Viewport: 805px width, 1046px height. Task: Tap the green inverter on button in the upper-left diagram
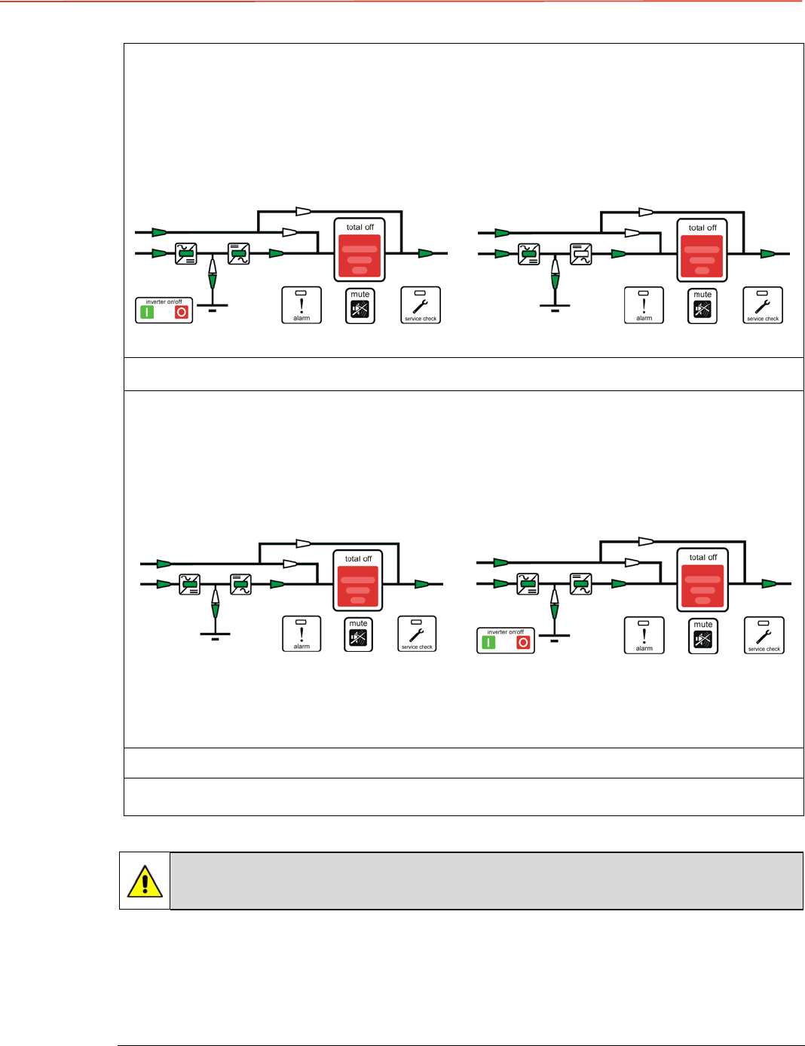148,312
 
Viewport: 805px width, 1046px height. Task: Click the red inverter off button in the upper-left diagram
181,312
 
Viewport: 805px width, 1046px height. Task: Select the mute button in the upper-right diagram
702,306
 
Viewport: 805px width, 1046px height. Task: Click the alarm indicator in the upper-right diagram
644,305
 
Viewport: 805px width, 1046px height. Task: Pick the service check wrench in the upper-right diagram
763,305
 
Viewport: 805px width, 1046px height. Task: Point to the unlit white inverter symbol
580,254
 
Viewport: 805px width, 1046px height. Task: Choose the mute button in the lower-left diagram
358,635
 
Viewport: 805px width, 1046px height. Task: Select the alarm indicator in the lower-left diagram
301,634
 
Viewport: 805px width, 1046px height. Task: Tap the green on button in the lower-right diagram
488,643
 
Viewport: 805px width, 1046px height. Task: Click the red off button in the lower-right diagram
523,643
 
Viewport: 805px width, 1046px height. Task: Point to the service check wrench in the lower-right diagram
764,635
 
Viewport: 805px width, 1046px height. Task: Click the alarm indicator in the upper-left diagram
301,305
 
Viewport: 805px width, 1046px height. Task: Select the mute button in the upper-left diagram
360,306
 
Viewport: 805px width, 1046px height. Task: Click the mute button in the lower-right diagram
702,636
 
